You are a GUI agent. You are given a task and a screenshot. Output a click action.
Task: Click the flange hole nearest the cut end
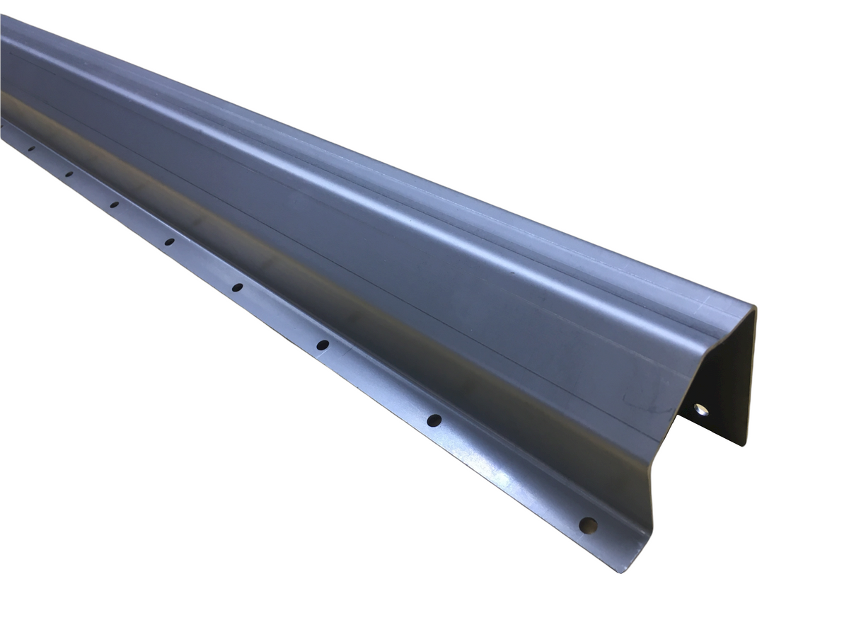588,525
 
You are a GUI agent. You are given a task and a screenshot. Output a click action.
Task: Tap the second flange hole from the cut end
434,420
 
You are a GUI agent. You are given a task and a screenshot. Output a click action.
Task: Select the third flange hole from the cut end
323,345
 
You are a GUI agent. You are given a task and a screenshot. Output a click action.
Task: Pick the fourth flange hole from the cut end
237,287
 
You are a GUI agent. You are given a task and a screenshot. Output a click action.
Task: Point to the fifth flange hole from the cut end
170,242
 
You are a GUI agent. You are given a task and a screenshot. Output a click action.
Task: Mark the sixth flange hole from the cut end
114,205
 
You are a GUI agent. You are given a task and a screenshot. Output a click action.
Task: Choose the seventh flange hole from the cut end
69,173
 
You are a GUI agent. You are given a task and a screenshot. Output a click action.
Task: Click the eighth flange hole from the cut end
31,149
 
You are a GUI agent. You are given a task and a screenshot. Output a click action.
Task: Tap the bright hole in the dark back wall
700,409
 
